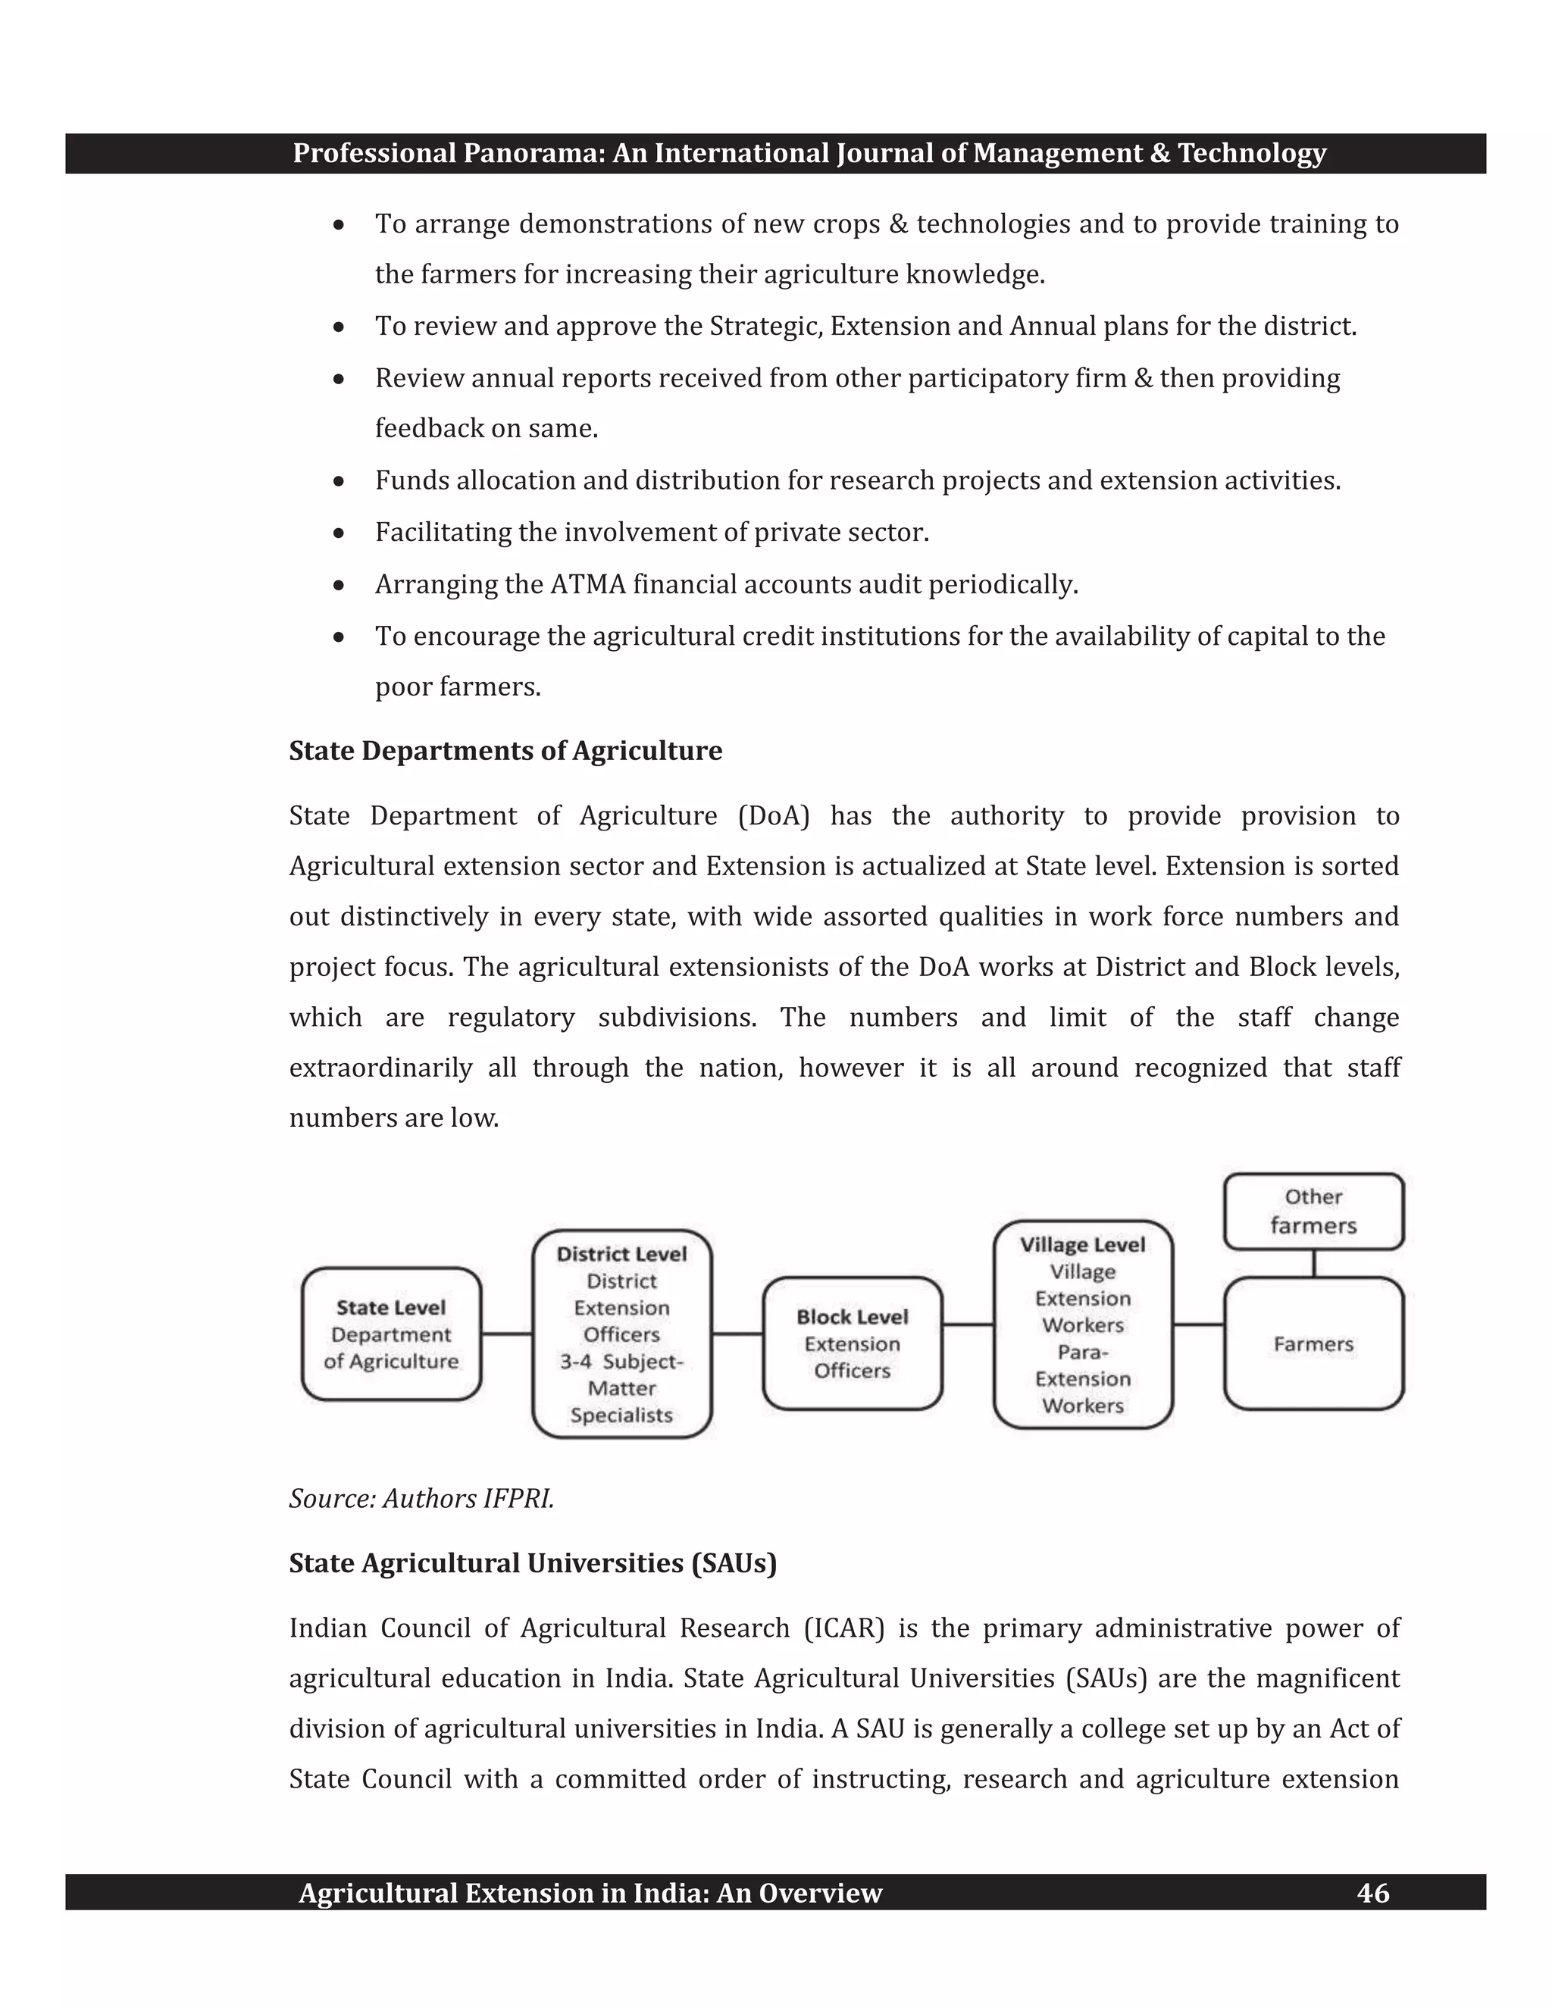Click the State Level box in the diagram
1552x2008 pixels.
click(391, 1334)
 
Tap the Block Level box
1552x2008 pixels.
click(853, 1343)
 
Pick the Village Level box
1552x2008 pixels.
click(1082, 1324)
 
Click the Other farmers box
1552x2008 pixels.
click(1313, 1211)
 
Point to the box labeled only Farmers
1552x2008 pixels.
click(1313, 1343)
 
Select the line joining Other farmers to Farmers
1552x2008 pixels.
click(1313, 1263)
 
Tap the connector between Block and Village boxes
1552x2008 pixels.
click(968, 1325)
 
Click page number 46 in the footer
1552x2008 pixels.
click(1372, 1893)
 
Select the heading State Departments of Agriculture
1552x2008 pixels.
click(505, 751)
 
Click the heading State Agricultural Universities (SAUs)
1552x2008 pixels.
click(532, 1563)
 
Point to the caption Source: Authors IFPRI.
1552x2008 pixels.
click(421, 1499)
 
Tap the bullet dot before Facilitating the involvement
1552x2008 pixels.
click(339, 533)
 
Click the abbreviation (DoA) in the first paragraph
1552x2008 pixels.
click(773, 816)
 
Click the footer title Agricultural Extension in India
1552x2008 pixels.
click(590, 1893)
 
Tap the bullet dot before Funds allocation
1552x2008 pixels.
click(339, 481)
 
